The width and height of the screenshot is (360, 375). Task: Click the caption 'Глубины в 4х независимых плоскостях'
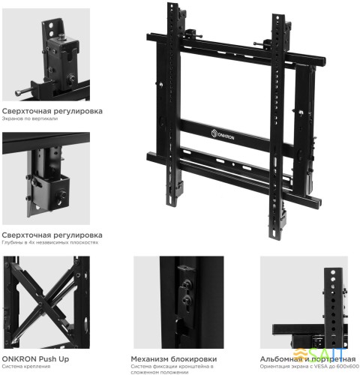coord(49,243)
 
